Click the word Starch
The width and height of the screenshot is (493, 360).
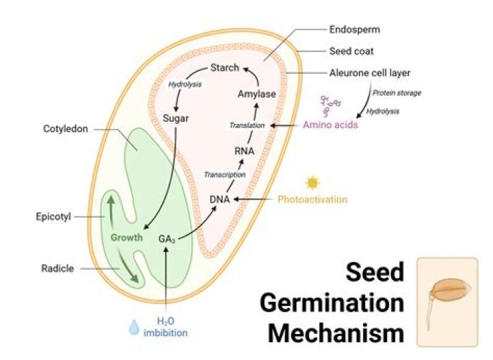(x=225, y=67)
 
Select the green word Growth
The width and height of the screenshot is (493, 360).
(x=127, y=237)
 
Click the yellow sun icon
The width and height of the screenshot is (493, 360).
(x=313, y=183)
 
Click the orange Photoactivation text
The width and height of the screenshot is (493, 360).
(x=312, y=199)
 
